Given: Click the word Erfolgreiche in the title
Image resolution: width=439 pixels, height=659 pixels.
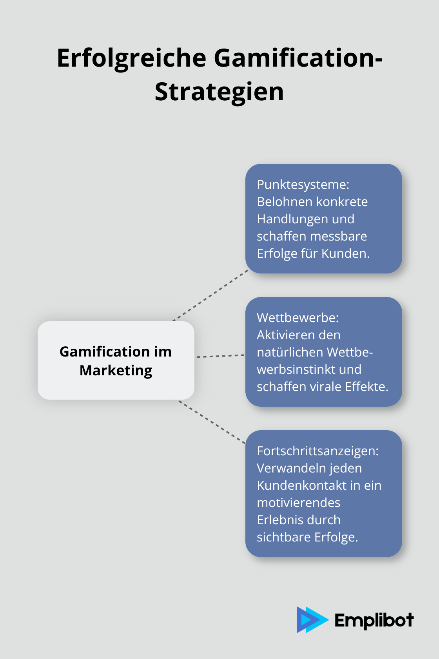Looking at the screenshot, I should pyautogui.click(x=131, y=58).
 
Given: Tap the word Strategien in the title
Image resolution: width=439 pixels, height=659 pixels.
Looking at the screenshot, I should pyautogui.click(x=219, y=92).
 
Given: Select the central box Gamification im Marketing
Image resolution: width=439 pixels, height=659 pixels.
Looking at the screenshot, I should pyautogui.click(x=116, y=360).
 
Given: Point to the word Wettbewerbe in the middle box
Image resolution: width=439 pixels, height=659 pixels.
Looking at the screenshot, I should pyautogui.click(x=298, y=318).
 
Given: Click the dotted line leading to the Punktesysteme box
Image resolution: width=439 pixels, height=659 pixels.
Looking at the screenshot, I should pyautogui.click(x=210, y=295).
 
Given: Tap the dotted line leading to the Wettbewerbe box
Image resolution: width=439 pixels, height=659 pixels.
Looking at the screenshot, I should pyautogui.click(x=220, y=356).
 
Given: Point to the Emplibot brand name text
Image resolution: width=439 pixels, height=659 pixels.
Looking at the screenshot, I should pyautogui.click(x=374, y=620).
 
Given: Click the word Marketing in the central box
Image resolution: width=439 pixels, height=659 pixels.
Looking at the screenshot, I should pyautogui.click(x=116, y=371).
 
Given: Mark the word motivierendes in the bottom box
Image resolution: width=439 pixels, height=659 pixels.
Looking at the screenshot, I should pyautogui.click(x=298, y=503).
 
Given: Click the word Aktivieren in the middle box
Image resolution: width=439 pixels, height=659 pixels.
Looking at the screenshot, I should pyautogui.click(x=285, y=335).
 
